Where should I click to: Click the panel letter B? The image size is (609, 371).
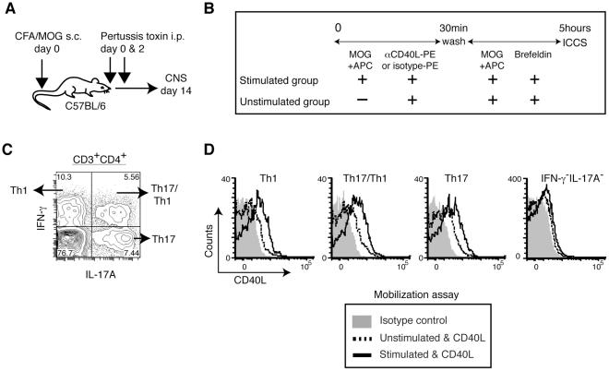pos(209,11)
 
